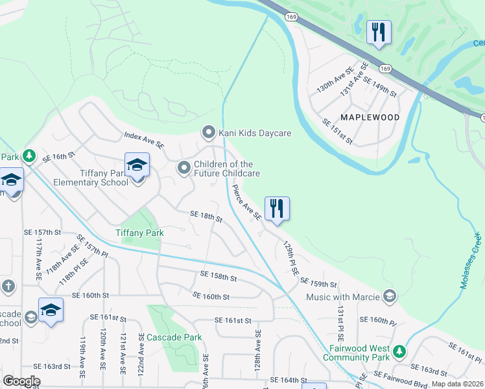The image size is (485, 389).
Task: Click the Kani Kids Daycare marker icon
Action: pyautogui.click(x=208, y=133)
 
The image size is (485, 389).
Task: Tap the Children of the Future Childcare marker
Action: pyautogui.click(x=184, y=169)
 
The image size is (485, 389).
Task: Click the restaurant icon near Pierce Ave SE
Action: pyautogui.click(x=277, y=209)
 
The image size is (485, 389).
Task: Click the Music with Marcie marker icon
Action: pyautogui.click(x=389, y=297)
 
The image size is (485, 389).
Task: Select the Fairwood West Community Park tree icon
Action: pyautogui.click(x=399, y=351)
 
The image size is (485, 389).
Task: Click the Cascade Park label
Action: pyautogui.click(x=174, y=337)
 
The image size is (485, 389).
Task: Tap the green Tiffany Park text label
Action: pyautogui.click(x=139, y=232)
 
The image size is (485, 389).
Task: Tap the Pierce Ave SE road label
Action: pyautogui.click(x=246, y=202)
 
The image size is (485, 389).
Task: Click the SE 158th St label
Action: pyautogui.click(x=219, y=276)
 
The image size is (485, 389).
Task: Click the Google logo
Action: pyautogui.click(x=21, y=381)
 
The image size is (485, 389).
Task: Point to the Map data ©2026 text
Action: pyautogui.click(x=456, y=384)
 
